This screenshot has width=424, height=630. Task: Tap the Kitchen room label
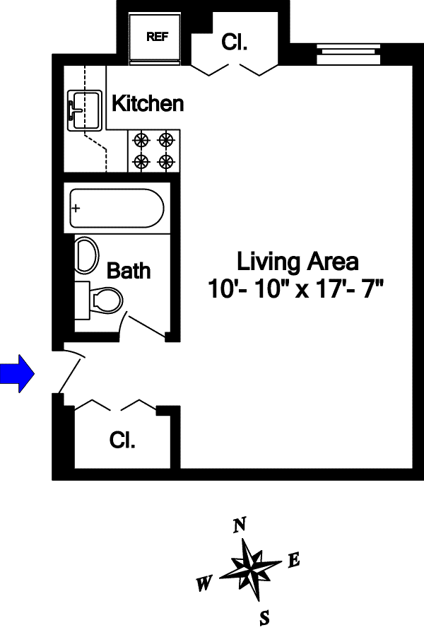[148, 104]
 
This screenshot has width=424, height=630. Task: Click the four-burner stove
[153, 151]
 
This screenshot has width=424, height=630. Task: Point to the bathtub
[117, 208]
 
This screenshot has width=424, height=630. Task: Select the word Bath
[129, 270]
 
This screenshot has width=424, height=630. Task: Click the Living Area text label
[298, 262]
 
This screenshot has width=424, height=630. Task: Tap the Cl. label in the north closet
[234, 42]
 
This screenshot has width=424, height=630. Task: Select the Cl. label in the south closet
[122, 441]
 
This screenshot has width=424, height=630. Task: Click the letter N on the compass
[240, 525]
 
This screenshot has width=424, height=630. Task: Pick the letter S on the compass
[264, 618]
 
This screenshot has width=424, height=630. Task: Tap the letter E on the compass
[295, 561]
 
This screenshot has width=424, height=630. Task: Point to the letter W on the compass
[205, 584]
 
